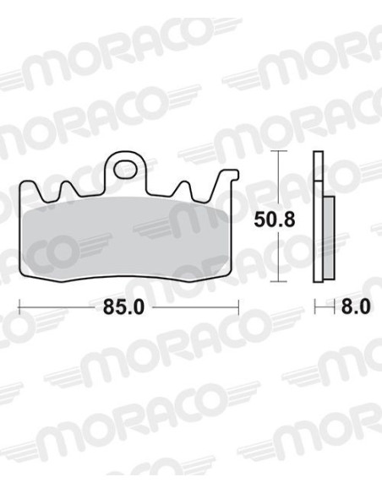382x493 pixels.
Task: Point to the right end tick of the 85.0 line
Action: [x=239, y=307]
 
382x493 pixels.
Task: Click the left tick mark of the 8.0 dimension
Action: [x=315, y=307]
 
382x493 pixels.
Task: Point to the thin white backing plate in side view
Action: [x=318, y=219]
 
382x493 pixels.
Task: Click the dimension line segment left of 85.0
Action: [x=55, y=307]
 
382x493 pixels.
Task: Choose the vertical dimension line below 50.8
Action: [x=279, y=257]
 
